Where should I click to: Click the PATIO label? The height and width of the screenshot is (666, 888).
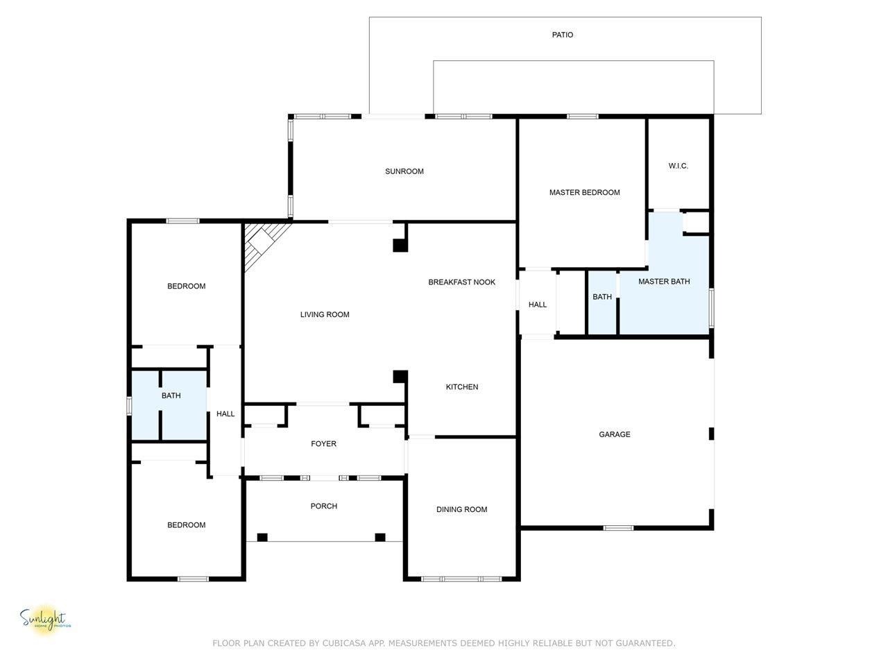click(562, 35)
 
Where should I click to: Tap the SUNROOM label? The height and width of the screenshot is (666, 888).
click(404, 171)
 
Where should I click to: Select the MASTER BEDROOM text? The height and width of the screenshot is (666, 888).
click(584, 192)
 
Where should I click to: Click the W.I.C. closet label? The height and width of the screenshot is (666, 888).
click(678, 165)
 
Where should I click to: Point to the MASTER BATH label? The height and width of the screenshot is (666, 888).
click(663, 281)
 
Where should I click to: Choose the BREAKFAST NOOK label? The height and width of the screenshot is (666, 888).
click(461, 282)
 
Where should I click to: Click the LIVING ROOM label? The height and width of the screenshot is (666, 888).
click(325, 314)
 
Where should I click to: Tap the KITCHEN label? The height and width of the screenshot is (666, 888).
click(461, 386)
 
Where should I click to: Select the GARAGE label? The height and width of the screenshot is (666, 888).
click(614, 434)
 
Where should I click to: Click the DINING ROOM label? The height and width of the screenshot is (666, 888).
click(461, 509)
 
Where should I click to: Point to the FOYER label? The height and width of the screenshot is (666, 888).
click(323, 443)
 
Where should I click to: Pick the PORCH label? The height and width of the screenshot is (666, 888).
click(323, 506)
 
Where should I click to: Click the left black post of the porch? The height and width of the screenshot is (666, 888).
click(262, 537)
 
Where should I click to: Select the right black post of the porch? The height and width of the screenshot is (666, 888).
click(380, 537)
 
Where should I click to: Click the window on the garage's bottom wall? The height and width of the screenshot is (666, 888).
click(617, 527)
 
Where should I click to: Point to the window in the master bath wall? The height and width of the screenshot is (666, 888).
click(711, 307)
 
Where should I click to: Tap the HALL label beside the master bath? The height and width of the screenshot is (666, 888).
click(537, 304)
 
